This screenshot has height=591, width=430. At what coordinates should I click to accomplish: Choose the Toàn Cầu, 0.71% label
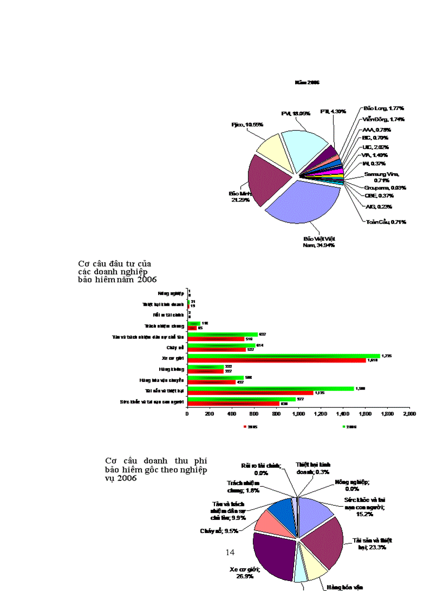click(386, 222)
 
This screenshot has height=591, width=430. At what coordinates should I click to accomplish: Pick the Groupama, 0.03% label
click(385, 187)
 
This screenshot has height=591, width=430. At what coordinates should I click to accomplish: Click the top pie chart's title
click(307, 83)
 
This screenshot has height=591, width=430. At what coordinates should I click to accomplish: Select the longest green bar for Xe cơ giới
click(285, 356)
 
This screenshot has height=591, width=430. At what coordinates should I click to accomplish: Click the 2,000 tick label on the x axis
click(409, 414)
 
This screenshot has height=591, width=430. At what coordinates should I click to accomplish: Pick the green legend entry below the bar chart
click(349, 427)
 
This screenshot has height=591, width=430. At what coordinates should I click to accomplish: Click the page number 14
click(229, 552)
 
